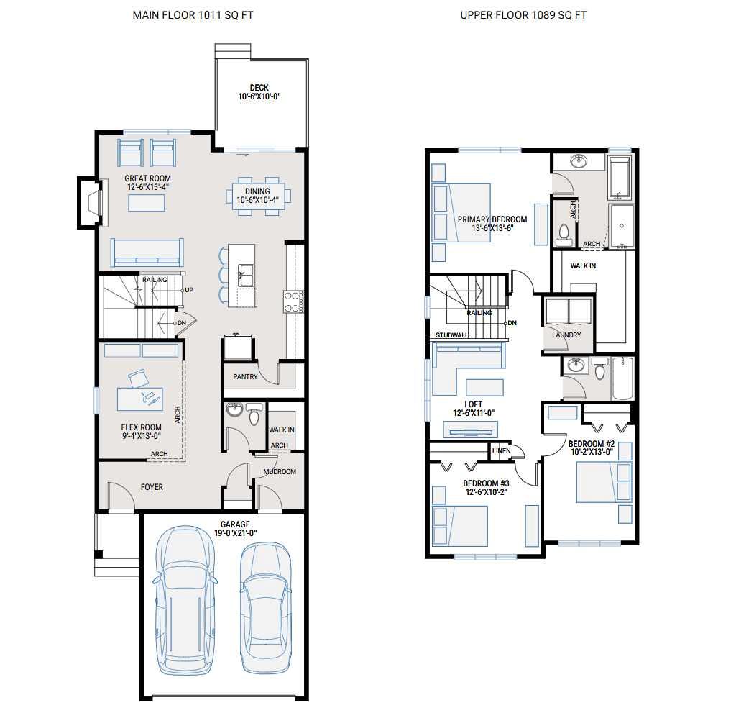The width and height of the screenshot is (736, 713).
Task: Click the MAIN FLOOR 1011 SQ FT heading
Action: pos(192,15)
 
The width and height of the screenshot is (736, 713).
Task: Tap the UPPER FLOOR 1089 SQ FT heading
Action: pos(523,15)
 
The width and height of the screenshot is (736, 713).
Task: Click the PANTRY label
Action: pos(245,377)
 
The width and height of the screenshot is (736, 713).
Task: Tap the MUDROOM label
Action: pos(280,472)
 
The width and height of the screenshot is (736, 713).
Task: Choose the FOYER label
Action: pos(152,487)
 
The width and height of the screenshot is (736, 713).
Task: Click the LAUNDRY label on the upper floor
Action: pos(566,335)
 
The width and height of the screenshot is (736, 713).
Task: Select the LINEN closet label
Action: pos(501,451)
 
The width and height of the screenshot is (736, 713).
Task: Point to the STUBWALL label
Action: pos(452,335)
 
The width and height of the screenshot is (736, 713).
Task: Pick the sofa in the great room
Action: pos(147,253)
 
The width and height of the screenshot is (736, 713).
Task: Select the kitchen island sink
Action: pos(245,274)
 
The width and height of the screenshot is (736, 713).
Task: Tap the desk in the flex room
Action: pos(140,399)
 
